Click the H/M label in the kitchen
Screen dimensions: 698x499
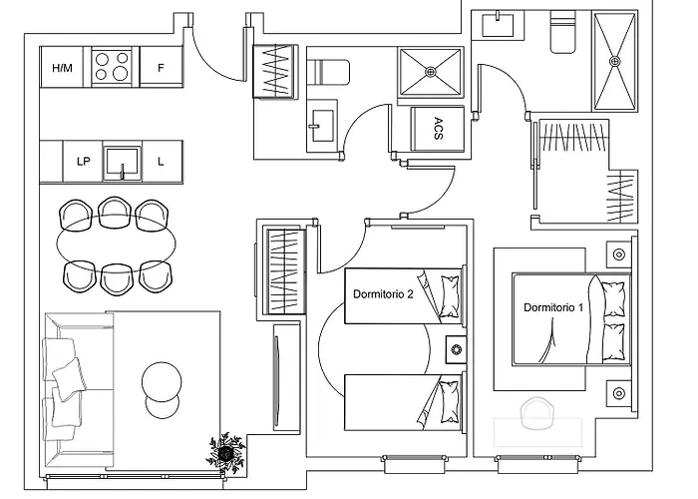pos(62,68)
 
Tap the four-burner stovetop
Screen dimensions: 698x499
pos(112,67)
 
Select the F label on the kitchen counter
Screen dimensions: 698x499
pos(161,68)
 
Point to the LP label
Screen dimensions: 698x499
pos(83,162)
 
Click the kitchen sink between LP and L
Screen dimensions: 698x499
pos(122,162)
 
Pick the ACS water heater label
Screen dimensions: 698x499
pos(439,129)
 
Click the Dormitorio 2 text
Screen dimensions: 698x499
pos(383,294)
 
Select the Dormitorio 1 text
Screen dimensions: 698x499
pos(553,307)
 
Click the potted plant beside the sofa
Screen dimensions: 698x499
pos(226,453)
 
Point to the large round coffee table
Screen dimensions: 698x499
pos(162,382)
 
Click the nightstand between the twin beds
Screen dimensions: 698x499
pos(456,349)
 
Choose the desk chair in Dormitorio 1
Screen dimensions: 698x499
pos(537,414)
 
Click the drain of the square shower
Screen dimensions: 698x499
pos(431,71)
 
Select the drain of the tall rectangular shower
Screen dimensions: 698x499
pos(615,61)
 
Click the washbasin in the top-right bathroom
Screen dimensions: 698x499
pos(498,25)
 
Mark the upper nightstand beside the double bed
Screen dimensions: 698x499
pos(619,254)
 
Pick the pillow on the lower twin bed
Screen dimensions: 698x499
pos(449,401)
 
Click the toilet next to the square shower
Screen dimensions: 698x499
pos(328,72)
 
